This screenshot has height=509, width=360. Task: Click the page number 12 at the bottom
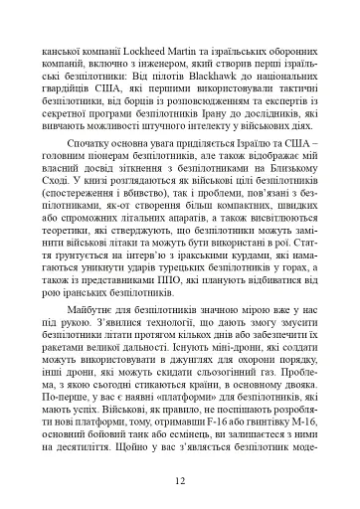179,482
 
